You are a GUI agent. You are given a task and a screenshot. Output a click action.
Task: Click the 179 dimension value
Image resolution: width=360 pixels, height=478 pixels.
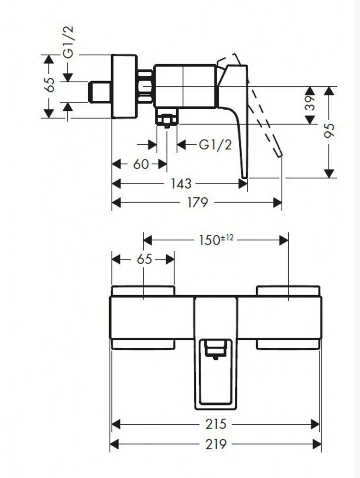(x=198, y=202)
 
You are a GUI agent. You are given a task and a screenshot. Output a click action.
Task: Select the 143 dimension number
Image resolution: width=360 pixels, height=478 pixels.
(x=181, y=183)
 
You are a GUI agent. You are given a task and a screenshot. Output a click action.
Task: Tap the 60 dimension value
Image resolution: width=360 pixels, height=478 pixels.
(x=141, y=164)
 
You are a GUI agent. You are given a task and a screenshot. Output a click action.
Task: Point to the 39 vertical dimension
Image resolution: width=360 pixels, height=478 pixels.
(x=310, y=103)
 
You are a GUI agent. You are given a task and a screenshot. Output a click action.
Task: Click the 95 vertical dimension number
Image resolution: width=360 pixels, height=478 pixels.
(x=328, y=131)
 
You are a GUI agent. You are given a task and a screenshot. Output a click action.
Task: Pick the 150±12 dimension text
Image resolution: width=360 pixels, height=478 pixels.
(x=216, y=239)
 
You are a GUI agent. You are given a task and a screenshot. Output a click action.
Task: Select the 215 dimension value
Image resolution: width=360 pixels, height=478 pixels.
(x=215, y=424)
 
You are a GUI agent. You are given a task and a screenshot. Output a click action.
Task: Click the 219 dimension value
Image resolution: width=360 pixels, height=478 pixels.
(x=215, y=444)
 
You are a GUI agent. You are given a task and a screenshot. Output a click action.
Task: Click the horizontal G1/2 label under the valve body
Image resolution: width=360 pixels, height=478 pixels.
(x=215, y=145)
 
